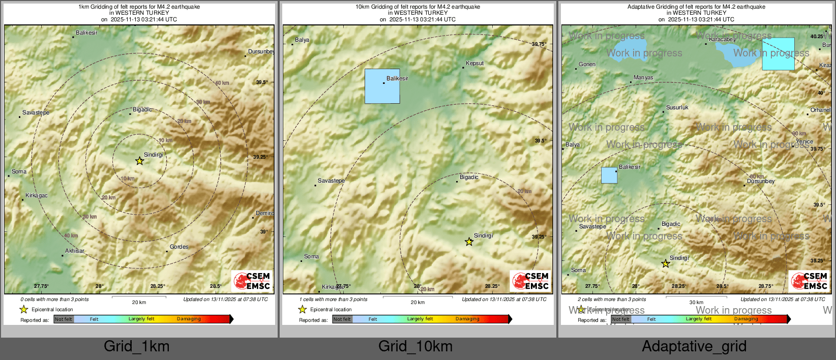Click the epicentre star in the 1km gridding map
point(139,161)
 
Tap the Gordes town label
point(179,247)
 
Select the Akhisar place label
point(75,251)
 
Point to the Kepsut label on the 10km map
point(475,64)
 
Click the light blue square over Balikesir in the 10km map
point(382,86)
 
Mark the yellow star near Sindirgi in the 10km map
point(469,242)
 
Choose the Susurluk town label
point(677,108)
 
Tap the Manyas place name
point(643,78)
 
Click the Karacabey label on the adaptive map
point(722,40)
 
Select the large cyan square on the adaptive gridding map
point(778,54)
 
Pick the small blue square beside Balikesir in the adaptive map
point(609,175)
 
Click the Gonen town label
point(587,65)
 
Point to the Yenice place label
point(804,142)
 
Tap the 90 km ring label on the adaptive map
point(799,134)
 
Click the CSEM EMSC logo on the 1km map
point(252,281)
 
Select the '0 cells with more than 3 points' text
point(54,299)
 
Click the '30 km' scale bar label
point(696,303)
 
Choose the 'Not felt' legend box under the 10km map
point(342,319)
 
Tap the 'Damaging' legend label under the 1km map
point(189,319)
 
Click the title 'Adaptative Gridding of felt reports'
point(696,7)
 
